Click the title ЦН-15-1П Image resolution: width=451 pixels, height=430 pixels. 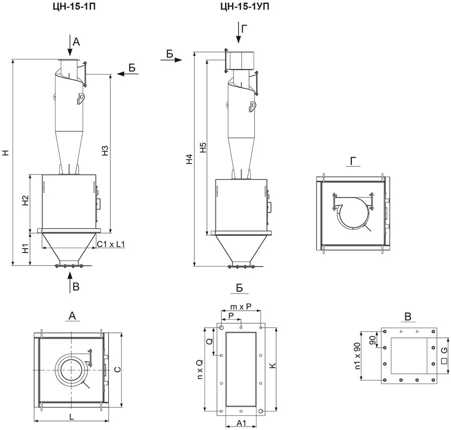[75, 7]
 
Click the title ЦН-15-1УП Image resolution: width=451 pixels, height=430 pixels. [245, 7]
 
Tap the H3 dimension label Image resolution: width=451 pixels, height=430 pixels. [105, 151]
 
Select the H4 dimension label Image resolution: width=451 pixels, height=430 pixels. [189, 159]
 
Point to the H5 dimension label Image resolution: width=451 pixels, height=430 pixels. [203, 147]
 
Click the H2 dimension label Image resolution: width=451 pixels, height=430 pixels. [26, 200]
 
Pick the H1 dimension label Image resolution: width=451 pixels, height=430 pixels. [26, 248]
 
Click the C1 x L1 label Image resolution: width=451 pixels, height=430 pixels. [111, 244]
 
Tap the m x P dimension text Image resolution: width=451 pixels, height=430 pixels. [241, 307]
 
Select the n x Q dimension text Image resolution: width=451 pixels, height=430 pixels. [200, 369]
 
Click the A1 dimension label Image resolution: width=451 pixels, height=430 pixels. [241, 423]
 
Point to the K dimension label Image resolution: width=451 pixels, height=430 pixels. [273, 365]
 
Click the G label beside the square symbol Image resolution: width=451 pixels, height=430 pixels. [444, 350]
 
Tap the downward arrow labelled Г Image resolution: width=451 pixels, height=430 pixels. [239, 32]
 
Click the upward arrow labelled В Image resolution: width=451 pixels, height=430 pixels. [69, 283]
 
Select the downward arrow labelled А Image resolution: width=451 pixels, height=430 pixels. [69, 45]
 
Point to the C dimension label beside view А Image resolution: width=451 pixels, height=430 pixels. [117, 369]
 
